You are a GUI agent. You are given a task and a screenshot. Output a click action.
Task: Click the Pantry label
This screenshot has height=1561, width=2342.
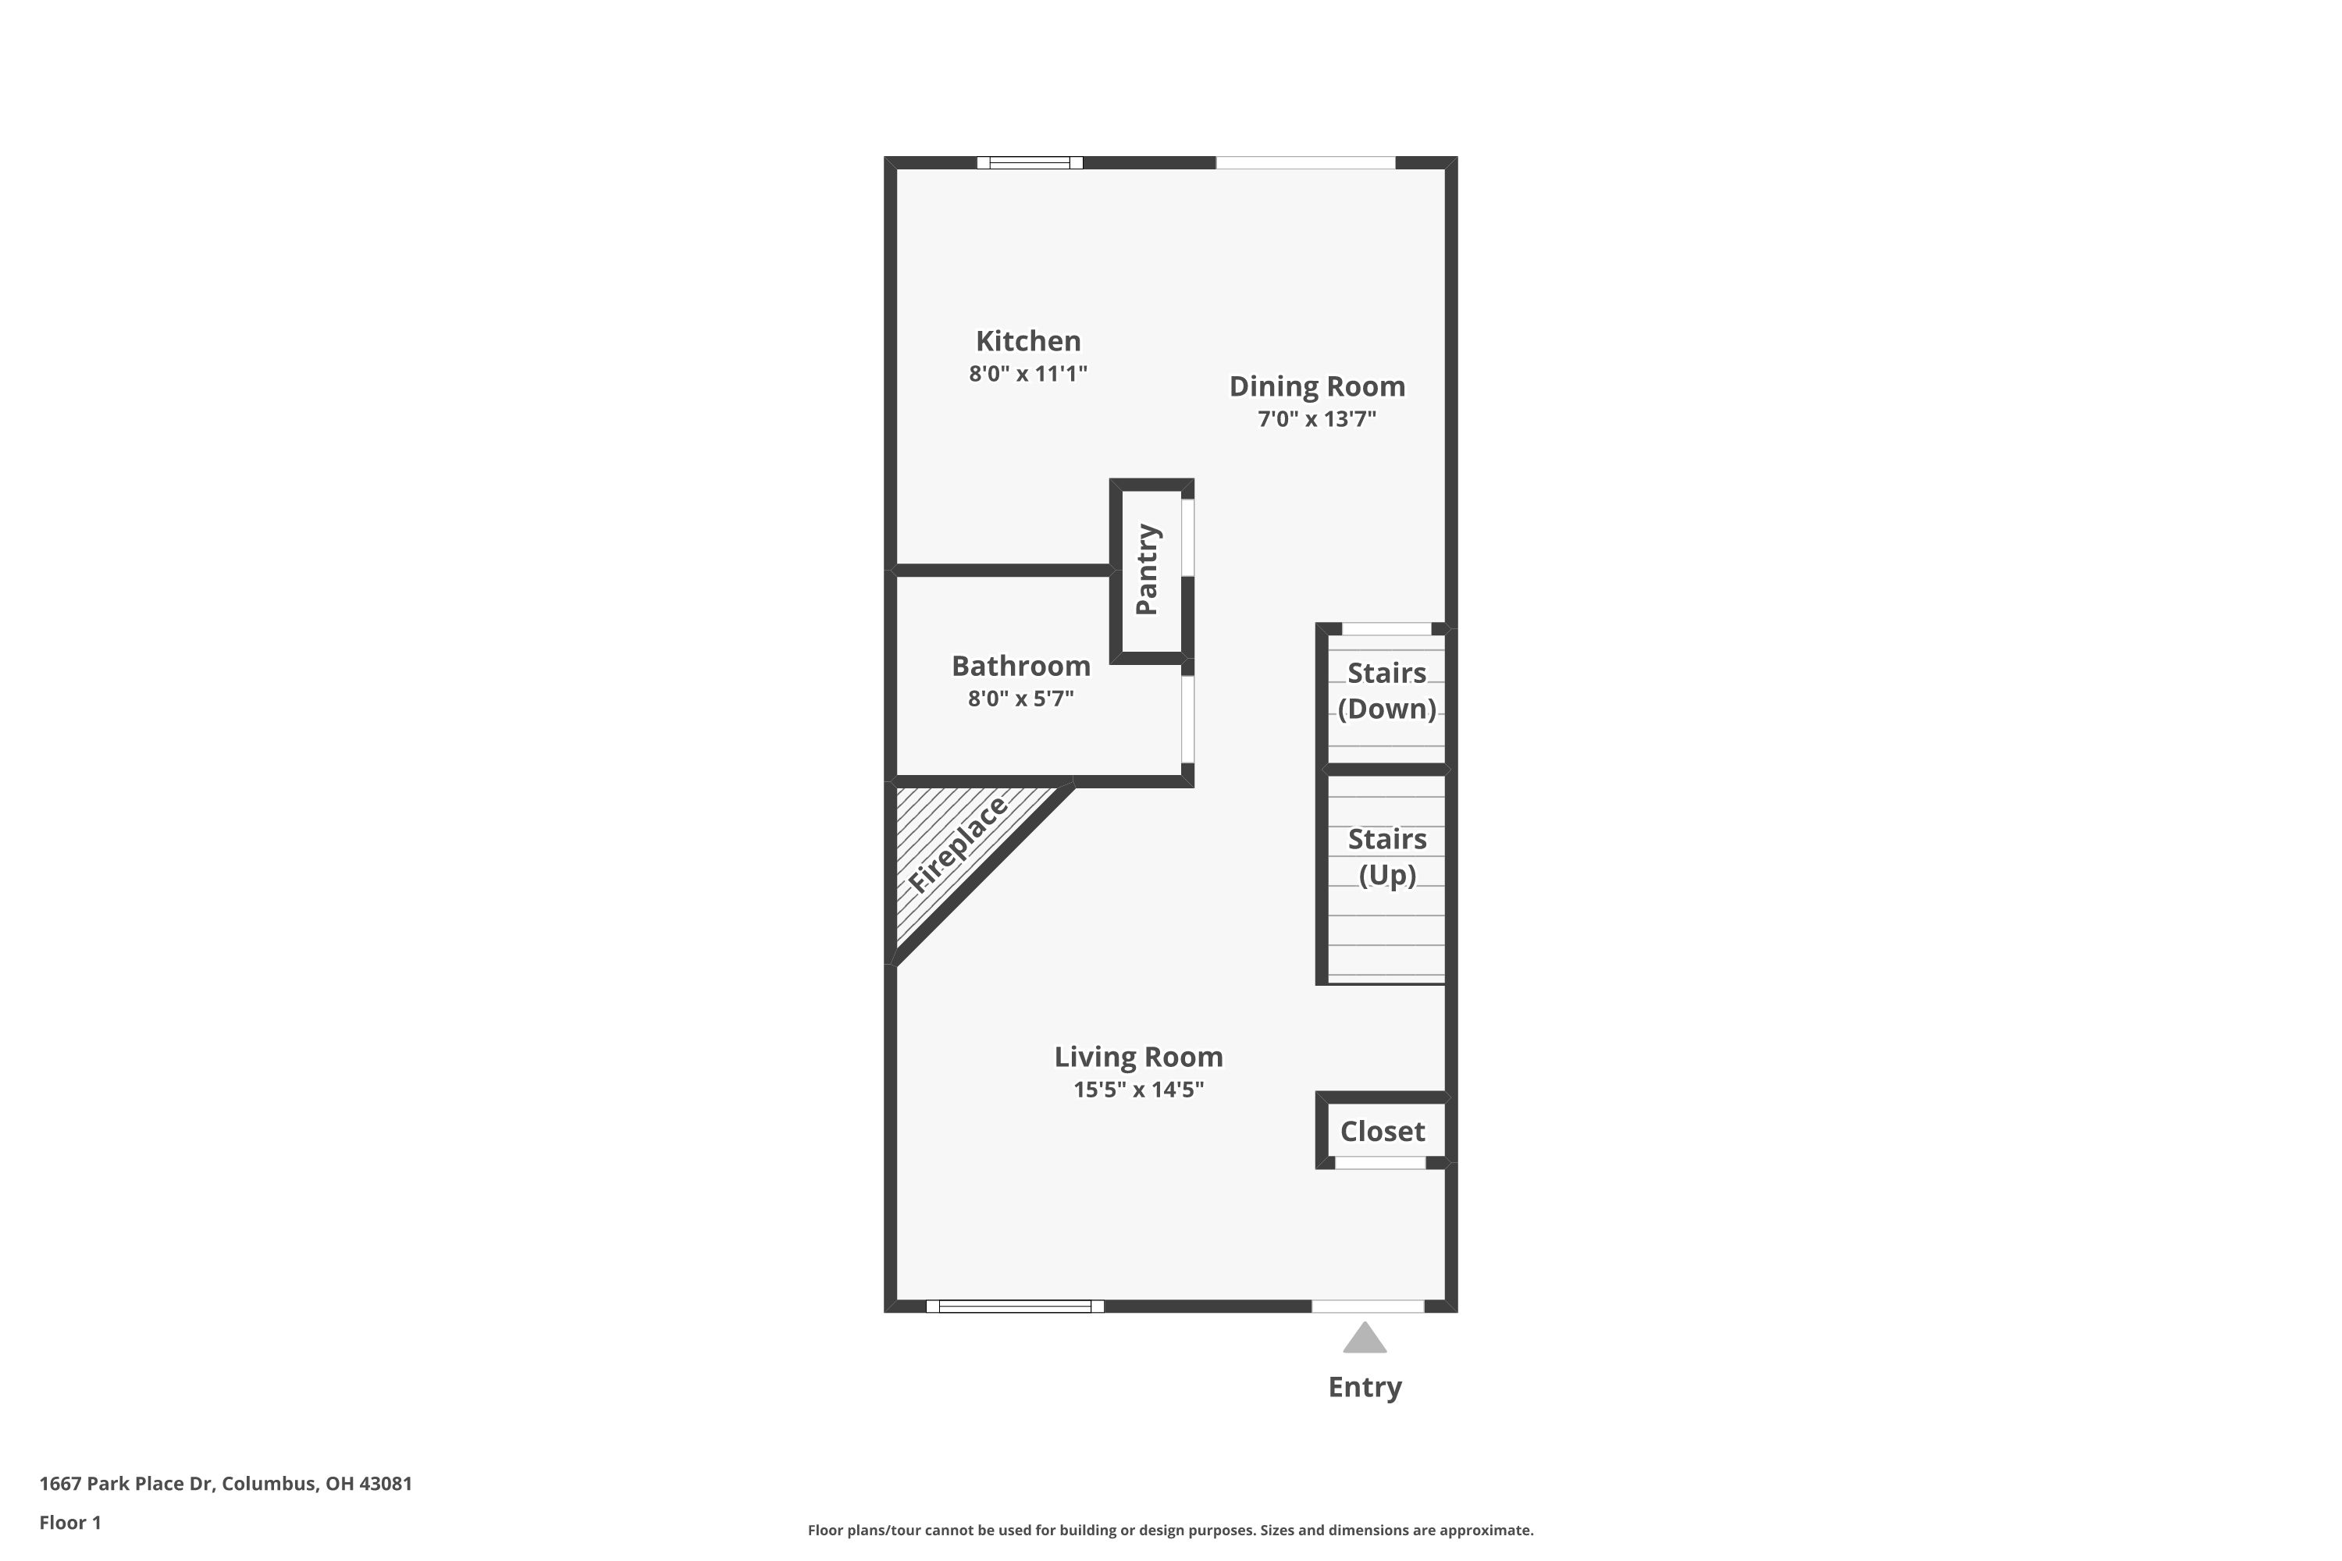click(x=1147, y=570)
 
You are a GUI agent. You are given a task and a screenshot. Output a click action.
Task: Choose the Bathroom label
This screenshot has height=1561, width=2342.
click(x=1020, y=666)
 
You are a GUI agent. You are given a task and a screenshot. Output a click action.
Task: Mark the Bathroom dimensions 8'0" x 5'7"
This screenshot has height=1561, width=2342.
click(x=1020, y=699)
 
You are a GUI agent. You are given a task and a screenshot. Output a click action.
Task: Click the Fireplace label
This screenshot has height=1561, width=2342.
click(x=957, y=845)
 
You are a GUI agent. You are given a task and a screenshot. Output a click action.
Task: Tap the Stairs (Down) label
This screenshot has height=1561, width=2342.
click(x=1386, y=691)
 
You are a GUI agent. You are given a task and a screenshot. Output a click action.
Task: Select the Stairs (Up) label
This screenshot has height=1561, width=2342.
click(x=1386, y=857)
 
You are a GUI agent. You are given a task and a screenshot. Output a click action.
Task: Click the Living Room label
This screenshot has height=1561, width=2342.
click(x=1138, y=1058)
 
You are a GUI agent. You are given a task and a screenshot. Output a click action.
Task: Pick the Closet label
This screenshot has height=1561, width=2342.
click(x=1382, y=1132)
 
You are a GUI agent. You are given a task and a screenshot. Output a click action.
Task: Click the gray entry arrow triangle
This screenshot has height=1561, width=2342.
click(x=1364, y=1340)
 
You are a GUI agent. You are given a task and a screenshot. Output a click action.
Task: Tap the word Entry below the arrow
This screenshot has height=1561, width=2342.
click(x=1364, y=1388)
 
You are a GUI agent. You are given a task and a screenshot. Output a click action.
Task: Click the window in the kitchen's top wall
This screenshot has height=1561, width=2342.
click(x=1029, y=163)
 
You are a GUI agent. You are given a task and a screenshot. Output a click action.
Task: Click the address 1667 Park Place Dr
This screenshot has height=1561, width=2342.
click(x=225, y=1484)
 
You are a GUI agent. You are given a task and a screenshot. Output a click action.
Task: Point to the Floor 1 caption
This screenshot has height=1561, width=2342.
click(x=69, y=1522)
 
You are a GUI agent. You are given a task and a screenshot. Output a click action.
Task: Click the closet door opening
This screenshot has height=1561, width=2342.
click(x=1380, y=1163)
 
